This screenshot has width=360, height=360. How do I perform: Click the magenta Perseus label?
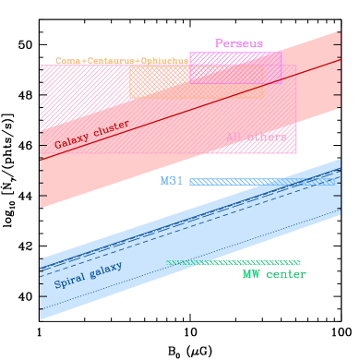tap(239, 43)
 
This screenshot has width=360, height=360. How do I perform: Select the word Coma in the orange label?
tap(66, 61)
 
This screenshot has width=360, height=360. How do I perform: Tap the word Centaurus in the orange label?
tap(110, 61)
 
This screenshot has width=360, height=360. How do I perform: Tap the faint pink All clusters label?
tap(256, 138)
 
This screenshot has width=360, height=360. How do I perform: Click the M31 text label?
tap(172, 181)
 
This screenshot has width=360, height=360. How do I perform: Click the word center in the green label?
tap(286, 274)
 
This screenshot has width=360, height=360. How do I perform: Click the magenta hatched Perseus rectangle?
tap(235, 66)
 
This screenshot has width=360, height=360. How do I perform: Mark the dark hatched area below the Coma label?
tap(83, 92)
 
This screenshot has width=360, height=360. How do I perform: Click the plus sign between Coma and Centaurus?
tap(83, 61)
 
